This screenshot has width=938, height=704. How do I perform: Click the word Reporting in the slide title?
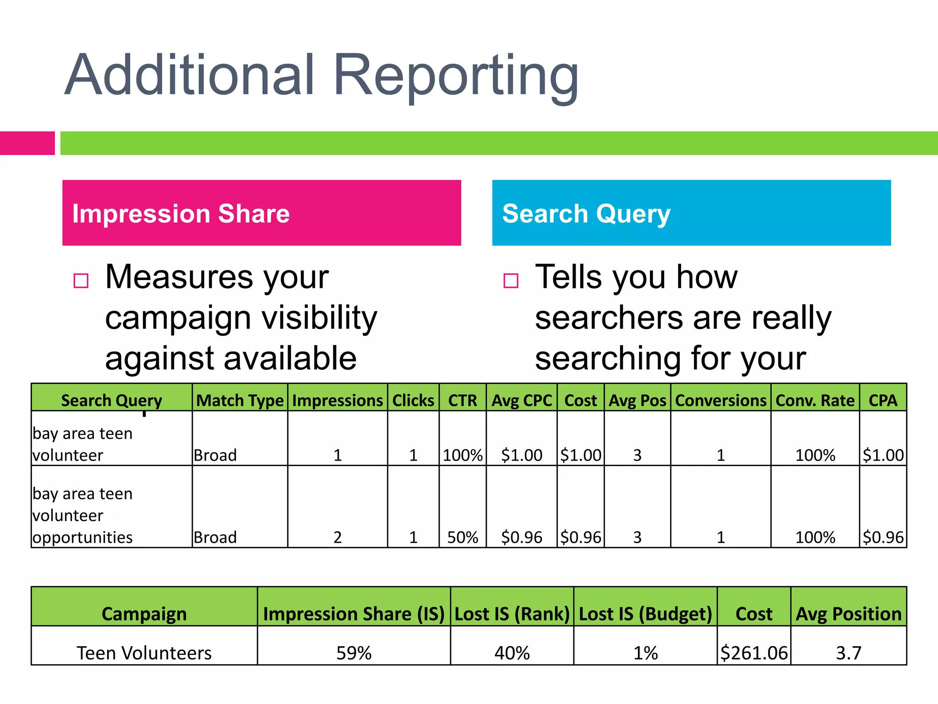[456, 76]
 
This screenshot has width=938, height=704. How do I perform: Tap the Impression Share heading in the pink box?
[181, 214]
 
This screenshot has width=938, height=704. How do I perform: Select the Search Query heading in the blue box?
[586, 214]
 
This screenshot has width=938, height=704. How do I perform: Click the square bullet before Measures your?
[81, 280]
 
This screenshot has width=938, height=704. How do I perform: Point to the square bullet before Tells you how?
[511, 280]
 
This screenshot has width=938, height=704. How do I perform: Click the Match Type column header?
[240, 401]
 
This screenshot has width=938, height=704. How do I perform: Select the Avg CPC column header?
[522, 401]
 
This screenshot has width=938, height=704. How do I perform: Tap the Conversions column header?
[720, 401]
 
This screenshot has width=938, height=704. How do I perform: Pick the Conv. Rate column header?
[815, 401]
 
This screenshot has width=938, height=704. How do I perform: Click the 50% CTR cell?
[463, 537]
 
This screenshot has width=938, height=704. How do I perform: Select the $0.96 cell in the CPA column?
[883, 537]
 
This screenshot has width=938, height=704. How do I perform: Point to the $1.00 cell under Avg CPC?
[522, 455]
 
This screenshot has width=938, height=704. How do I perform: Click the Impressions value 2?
[338, 537]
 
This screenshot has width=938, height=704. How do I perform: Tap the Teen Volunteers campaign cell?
[144, 653]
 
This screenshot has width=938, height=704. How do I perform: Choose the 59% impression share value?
[354, 653]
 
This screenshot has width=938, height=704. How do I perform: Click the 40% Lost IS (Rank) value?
[512, 653]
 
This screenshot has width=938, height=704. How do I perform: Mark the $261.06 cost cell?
[754, 653]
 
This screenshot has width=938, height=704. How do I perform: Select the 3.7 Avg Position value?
[849, 653]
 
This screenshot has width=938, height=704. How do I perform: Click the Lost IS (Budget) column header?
[645, 614]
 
